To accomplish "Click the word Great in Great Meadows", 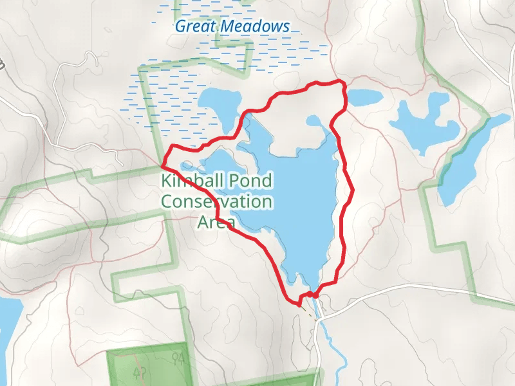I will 196,27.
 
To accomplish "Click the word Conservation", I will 216,202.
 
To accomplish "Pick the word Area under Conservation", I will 215,223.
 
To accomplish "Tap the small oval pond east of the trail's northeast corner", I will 364,98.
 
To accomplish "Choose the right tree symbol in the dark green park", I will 178,358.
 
